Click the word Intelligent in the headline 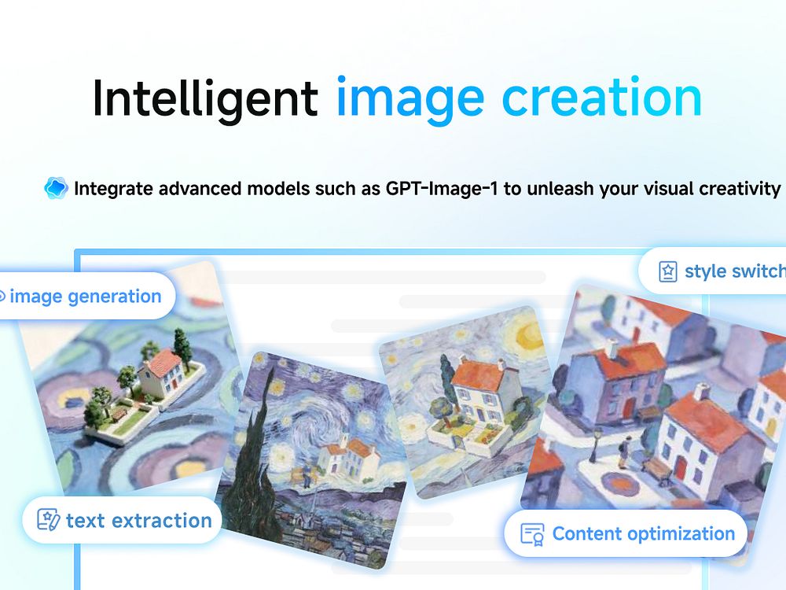tap(205, 98)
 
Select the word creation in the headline tap(601, 98)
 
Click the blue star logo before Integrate tap(56, 188)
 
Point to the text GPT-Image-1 tap(442, 189)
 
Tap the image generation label tap(85, 297)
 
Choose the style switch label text tap(735, 271)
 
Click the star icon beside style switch tap(667, 271)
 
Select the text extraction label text tap(139, 521)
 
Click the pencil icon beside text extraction tap(49, 520)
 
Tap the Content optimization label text tap(644, 534)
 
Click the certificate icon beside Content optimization tap(532, 535)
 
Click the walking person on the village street tap(625, 451)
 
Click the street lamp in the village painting tap(597, 444)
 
